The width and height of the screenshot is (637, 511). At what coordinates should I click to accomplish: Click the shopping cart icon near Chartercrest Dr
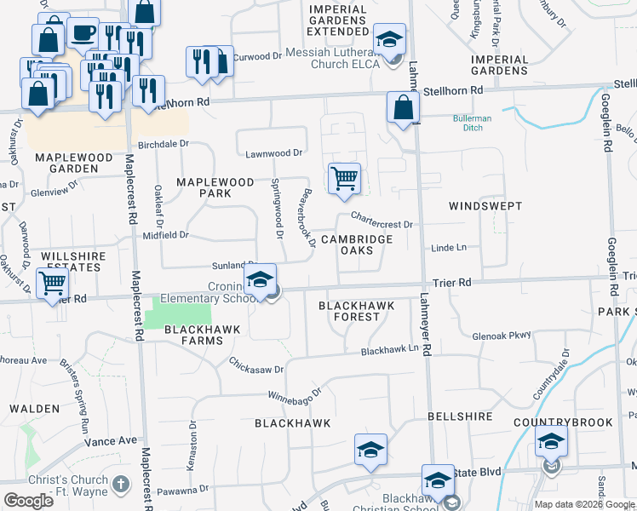344,179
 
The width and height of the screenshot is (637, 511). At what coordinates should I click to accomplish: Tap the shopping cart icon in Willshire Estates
53,282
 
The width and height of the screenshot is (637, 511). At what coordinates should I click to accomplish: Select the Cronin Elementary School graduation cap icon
261,278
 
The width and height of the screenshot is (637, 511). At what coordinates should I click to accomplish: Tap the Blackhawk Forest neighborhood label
348,311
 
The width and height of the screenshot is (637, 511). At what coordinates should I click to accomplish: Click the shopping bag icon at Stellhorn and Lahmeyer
403,107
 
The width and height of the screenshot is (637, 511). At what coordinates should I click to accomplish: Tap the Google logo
29,501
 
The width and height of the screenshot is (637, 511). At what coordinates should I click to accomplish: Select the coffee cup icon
83,33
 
